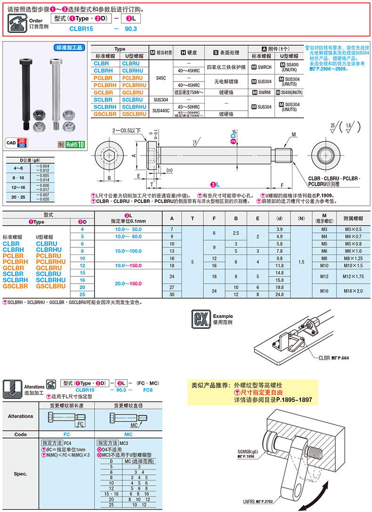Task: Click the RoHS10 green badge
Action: [x=74, y=145]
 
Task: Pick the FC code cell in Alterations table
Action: [x=66, y=435]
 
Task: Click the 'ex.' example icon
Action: [x=200, y=319]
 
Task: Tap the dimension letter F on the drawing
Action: [x=282, y=185]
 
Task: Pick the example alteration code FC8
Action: [x=147, y=390]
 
